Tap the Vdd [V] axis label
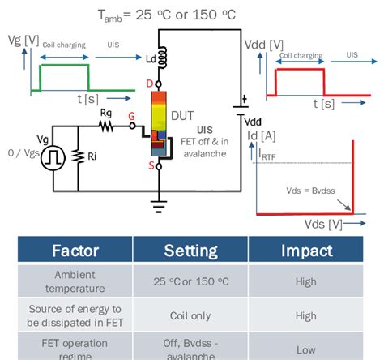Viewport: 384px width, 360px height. [263, 43]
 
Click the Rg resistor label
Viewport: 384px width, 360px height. [105, 116]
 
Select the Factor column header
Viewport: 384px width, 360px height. [75, 250]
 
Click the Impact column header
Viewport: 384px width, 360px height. [306, 250]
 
